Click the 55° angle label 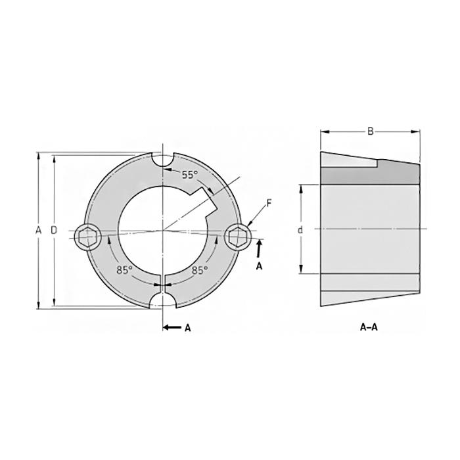[190, 175]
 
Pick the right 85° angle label [200, 270]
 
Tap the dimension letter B [370, 131]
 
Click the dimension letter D [53, 230]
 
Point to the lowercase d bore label [300, 230]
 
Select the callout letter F [269, 203]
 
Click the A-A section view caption [369, 327]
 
